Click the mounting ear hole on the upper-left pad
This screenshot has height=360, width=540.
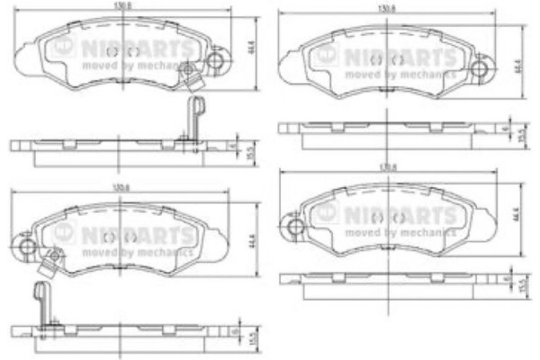click(x=216, y=61)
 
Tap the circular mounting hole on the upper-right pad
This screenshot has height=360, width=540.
click(x=483, y=67)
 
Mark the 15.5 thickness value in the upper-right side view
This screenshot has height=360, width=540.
click(x=522, y=134)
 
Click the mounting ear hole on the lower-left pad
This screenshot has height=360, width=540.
click(x=27, y=245)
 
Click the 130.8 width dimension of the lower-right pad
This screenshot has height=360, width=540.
click(x=390, y=166)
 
